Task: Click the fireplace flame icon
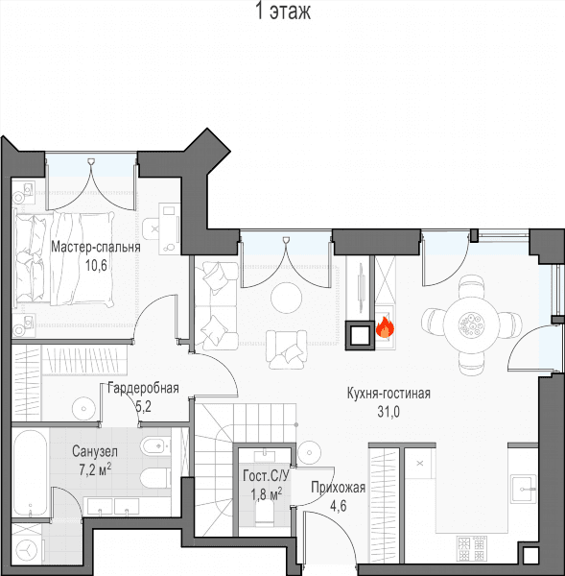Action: [385, 327]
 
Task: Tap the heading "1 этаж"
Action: [283, 12]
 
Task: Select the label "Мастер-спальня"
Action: [96, 247]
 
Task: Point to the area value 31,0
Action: [388, 412]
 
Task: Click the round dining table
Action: [471, 324]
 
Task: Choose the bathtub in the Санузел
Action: [31, 473]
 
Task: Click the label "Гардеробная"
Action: [143, 388]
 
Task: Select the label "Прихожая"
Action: [338, 488]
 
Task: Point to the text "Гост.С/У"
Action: [266, 476]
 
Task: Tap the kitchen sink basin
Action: [523, 488]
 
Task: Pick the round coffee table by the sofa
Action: [287, 298]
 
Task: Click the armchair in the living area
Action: [287, 349]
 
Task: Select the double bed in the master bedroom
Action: [63, 258]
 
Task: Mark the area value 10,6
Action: [96, 265]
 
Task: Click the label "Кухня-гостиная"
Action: [388, 394]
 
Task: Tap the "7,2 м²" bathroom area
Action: [95, 469]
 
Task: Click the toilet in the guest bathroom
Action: [265, 512]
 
